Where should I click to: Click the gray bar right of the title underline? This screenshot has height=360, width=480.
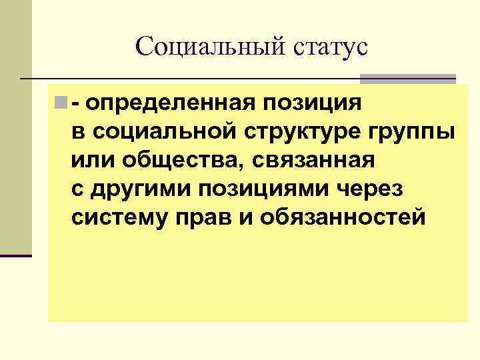407,79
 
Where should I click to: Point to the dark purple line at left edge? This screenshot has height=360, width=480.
16,255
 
